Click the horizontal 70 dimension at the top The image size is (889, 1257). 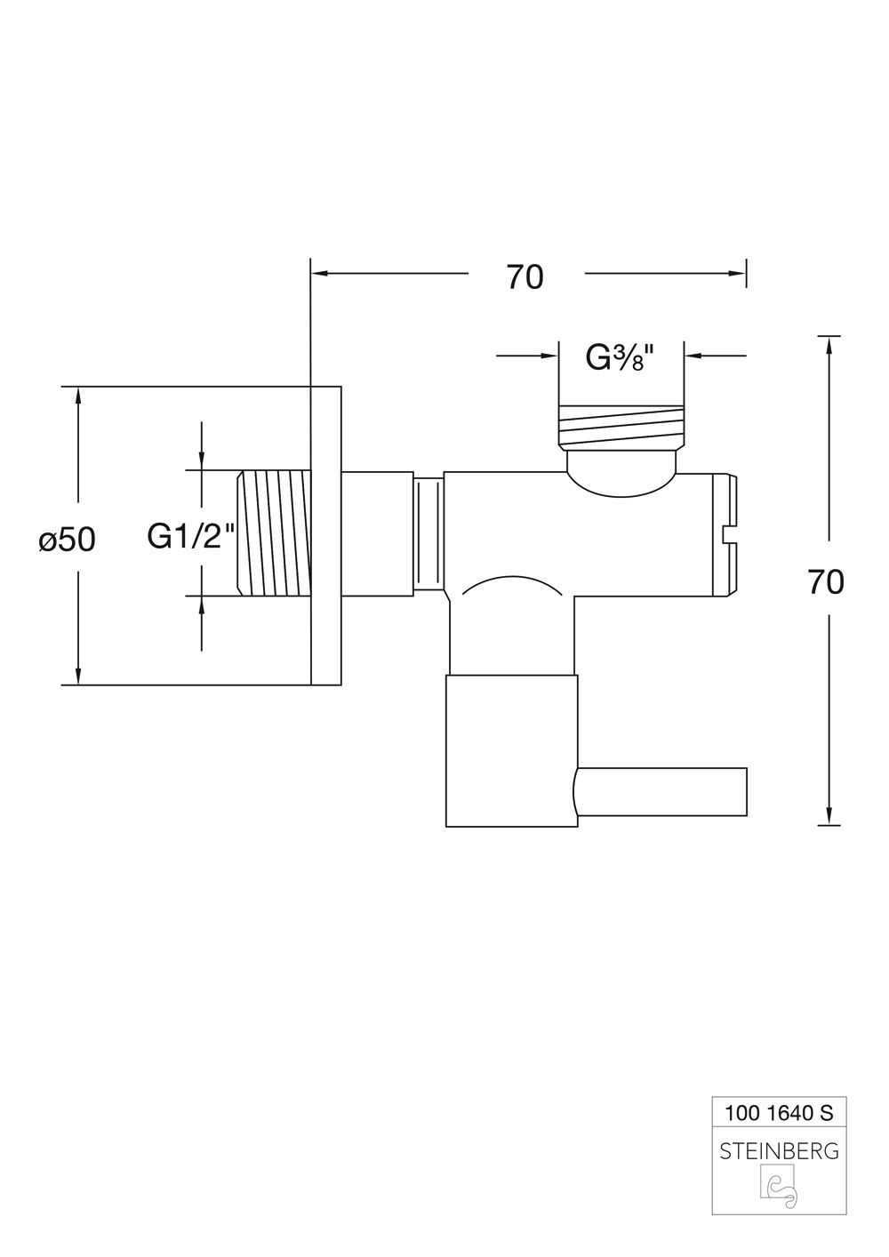[x=525, y=277]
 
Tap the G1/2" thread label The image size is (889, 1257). [x=191, y=536]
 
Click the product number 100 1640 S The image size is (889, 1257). [x=779, y=1112]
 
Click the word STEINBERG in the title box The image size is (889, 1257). [x=779, y=1151]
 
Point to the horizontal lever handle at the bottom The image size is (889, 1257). [x=662, y=793]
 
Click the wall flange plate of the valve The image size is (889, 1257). [x=325, y=535]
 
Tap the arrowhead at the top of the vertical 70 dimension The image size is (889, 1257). [x=829, y=346]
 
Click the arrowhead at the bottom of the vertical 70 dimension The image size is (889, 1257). [x=829, y=816]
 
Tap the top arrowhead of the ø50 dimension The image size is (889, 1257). [x=79, y=396]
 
